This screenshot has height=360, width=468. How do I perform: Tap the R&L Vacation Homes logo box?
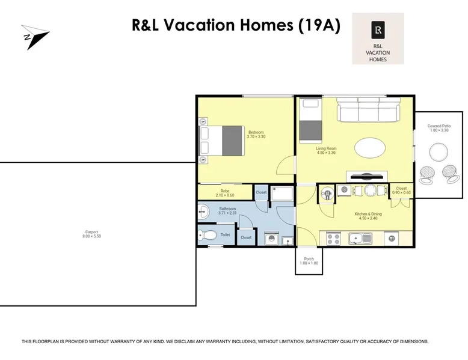(x=378, y=38)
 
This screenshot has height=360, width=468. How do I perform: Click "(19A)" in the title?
(x=319, y=25)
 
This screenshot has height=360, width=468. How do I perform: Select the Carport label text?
(x=91, y=234)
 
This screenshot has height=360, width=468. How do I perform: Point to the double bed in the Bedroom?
(x=222, y=141)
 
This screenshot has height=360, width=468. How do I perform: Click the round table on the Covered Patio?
(x=439, y=152)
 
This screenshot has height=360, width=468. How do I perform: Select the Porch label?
(x=309, y=261)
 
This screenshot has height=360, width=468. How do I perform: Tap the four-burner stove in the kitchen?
(x=333, y=239)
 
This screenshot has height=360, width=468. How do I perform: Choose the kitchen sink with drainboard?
(x=360, y=239)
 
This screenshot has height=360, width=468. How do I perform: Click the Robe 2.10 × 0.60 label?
(x=225, y=193)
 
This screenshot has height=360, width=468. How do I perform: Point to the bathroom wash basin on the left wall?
(x=203, y=212)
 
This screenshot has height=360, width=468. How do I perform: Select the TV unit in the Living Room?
(x=367, y=176)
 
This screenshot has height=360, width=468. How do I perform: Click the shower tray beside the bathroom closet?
(x=282, y=194)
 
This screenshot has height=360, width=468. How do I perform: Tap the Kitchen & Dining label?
(x=368, y=216)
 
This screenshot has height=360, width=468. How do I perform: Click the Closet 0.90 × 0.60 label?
(x=401, y=191)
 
